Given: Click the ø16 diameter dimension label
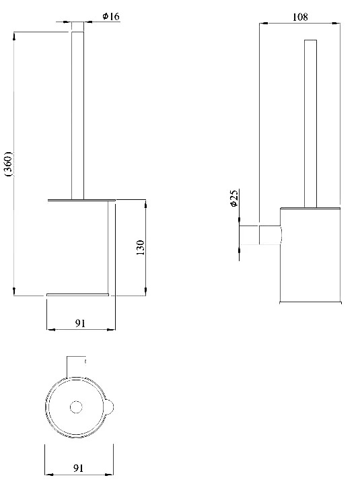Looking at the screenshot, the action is point(111,16).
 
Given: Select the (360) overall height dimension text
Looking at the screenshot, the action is point(9,164).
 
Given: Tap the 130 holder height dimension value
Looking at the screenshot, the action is point(140,247).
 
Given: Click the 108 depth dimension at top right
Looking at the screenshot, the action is point(300,17).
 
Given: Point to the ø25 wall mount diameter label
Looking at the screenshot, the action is point(234,198).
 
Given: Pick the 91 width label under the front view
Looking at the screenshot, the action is point(80,323).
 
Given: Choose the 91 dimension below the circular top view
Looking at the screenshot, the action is point(78,469).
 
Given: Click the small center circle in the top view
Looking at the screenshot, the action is point(76,407).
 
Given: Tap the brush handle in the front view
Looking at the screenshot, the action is point(78,115).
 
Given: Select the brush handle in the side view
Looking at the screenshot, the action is point(310,123).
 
